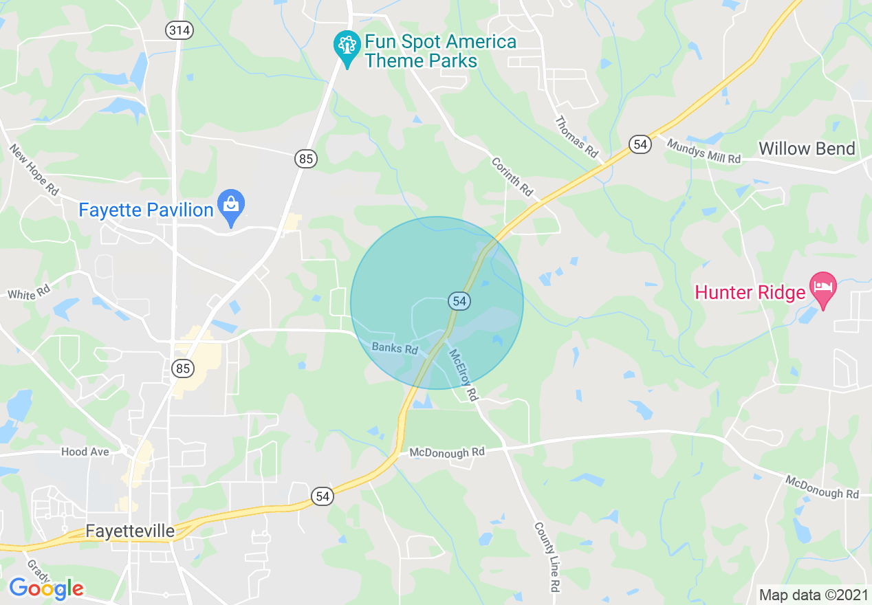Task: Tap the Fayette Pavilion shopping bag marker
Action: click(231, 206)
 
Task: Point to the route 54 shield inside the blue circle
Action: click(459, 301)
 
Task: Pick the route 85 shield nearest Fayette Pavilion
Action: click(307, 159)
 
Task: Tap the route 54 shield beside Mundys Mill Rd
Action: click(640, 144)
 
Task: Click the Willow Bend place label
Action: click(807, 148)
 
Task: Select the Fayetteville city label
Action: click(131, 531)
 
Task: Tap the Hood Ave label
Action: click(85, 452)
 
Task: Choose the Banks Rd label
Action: click(395, 348)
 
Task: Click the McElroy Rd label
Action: click(463, 375)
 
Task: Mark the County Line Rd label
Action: click(547, 557)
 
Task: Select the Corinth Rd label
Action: click(512, 177)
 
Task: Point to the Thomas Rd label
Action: click(576, 137)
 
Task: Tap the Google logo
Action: click(46, 588)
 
